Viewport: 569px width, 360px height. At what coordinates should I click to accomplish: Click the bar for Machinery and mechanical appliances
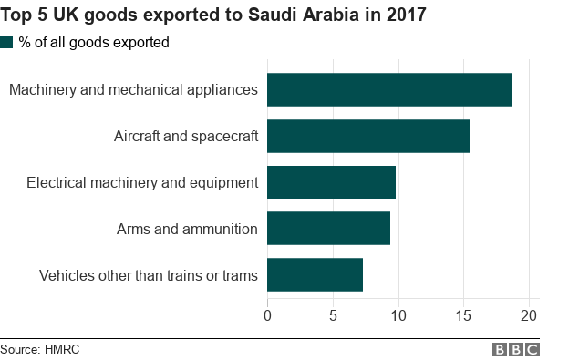(389, 90)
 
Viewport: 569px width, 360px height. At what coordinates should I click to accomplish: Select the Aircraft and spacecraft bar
(368, 137)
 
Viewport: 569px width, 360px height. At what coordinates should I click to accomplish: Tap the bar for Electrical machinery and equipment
(331, 182)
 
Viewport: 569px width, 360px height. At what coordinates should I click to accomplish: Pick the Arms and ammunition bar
(328, 228)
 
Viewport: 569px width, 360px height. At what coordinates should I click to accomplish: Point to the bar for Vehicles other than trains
(315, 274)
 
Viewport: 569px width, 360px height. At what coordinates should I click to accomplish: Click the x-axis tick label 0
(267, 315)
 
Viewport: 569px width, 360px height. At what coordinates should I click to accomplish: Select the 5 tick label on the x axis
(333, 315)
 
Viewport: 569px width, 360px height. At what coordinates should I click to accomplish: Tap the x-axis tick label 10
(398, 315)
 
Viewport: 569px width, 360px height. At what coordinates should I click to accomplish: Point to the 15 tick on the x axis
(464, 315)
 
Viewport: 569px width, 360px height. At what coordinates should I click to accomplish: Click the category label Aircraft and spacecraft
(186, 137)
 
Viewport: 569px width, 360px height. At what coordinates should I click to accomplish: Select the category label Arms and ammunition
(187, 229)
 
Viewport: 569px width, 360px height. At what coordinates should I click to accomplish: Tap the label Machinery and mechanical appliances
(133, 90)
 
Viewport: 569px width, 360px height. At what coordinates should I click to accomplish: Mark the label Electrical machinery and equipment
(142, 182)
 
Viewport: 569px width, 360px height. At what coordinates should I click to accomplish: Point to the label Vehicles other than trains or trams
(149, 274)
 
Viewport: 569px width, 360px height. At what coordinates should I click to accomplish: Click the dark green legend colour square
(7, 42)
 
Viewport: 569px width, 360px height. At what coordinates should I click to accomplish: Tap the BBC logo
(516, 349)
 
